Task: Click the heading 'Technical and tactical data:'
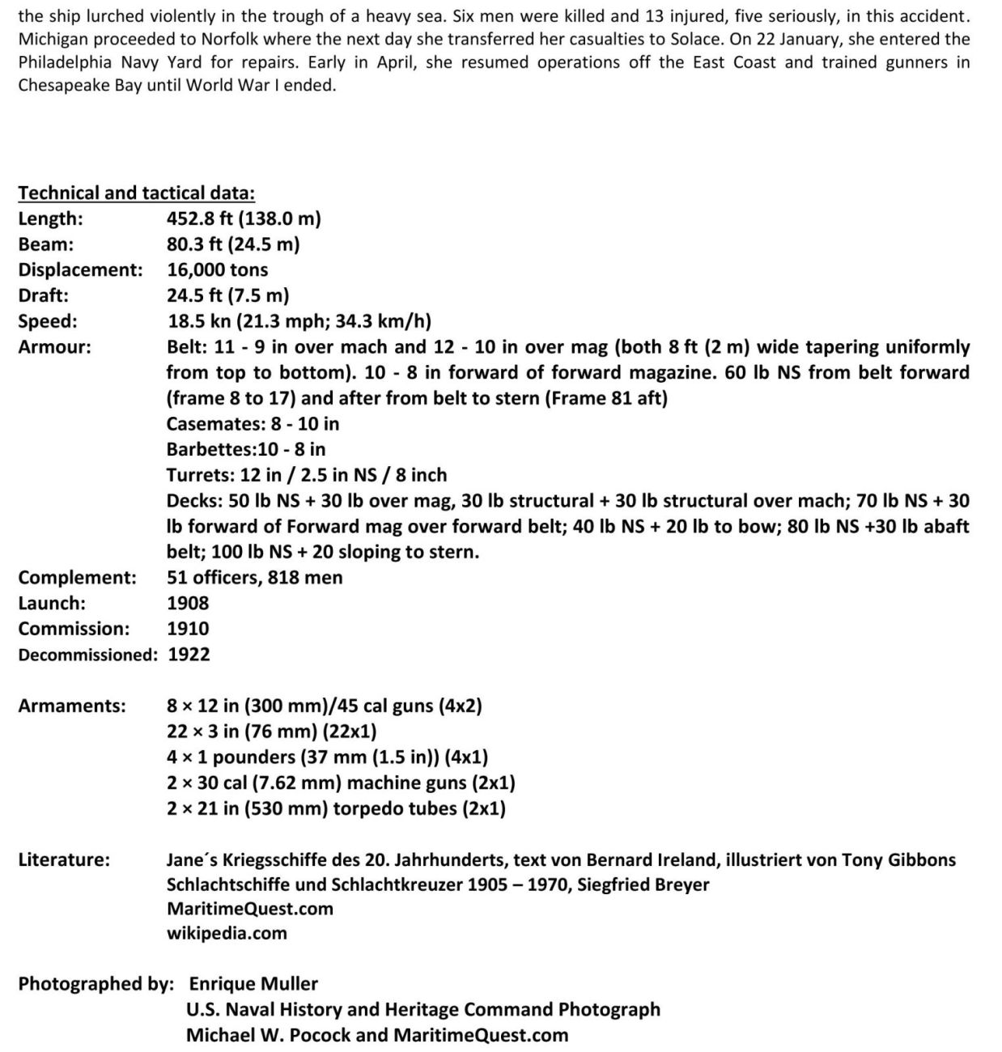[x=136, y=193]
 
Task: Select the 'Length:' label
[x=50, y=218]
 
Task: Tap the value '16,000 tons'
[x=217, y=270]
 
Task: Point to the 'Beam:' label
[x=46, y=244]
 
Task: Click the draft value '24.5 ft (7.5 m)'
[x=227, y=296]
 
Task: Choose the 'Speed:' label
[x=48, y=321]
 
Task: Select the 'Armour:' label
[x=54, y=347]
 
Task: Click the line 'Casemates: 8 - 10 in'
[x=253, y=424]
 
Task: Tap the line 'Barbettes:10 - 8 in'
[x=246, y=450]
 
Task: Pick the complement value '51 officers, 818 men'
[x=254, y=578]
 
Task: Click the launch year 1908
[x=188, y=604]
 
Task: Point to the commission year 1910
[x=188, y=629]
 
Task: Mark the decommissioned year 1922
[x=189, y=655]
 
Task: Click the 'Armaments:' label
[x=72, y=706]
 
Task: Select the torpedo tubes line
[x=336, y=808]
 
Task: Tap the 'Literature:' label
[x=64, y=859]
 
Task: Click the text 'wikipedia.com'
[x=227, y=933]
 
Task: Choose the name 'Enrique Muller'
[x=253, y=984]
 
